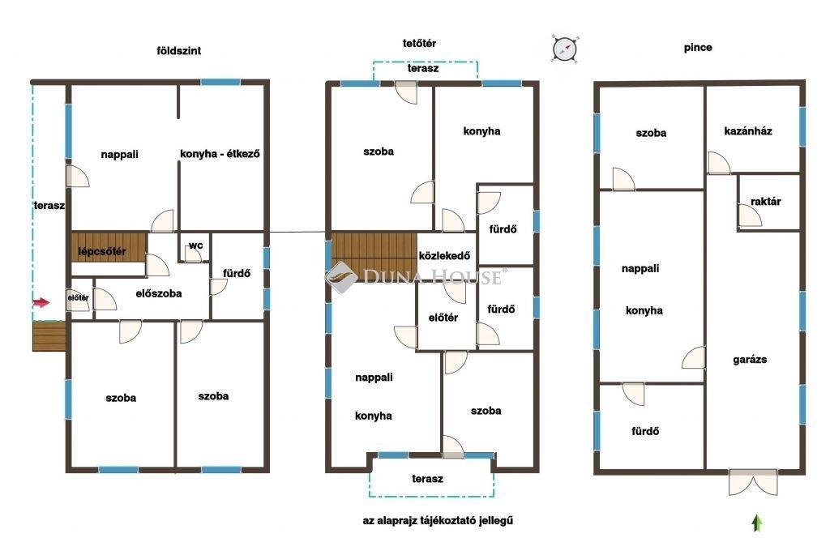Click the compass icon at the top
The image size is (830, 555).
tap(565, 49)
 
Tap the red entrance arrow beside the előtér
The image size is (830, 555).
tap(41, 303)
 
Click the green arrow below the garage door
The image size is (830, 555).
tap(757, 523)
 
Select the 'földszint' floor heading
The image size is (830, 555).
tap(179, 51)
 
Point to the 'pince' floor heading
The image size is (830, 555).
tap(698, 48)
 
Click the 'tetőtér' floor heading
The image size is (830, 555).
tap(419, 44)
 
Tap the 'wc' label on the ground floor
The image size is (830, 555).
tap(196, 245)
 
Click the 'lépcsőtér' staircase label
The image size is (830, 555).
tap(102, 251)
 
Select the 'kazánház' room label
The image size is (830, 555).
tap(748, 131)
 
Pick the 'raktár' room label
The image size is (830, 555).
tap(765, 202)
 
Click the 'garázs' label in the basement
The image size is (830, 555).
tap(750, 360)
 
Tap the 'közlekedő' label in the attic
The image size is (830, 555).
tap(444, 256)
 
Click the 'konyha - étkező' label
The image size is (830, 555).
tap(220, 154)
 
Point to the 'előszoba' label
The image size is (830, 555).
tap(159, 293)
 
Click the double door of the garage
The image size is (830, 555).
tap(753, 482)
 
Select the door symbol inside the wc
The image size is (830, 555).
tap(193, 254)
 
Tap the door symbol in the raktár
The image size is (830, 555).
tap(750, 216)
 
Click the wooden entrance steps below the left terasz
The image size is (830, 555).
tap(49, 336)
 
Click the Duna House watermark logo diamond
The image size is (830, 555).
tap(342, 277)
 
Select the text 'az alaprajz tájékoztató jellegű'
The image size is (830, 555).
tap(438, 521)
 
